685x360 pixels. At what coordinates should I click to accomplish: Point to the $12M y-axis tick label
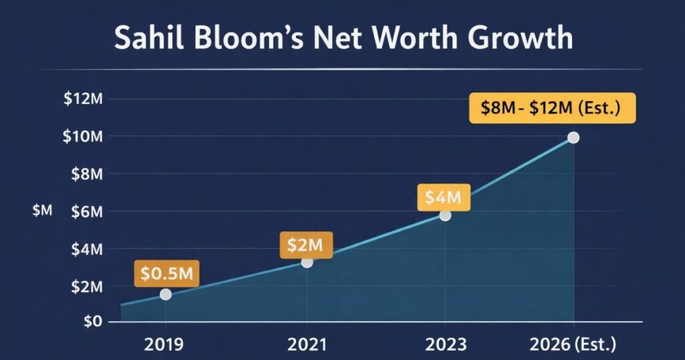coord(83,99)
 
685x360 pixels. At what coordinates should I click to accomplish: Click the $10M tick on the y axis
coord(83,137)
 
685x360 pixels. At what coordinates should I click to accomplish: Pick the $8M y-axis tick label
coord(87,174)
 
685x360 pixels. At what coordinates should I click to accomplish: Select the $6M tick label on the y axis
coord(87,211)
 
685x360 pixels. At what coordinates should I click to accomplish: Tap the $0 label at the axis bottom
coord(92,321)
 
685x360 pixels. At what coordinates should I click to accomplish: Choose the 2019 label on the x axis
coord(165,345)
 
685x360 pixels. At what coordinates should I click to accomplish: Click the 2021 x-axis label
coord(306,345)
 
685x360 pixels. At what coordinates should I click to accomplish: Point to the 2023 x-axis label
coord(446,345)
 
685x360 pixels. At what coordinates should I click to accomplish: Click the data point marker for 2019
coord(165,294)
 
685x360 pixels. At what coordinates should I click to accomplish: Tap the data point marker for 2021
coord(306,262)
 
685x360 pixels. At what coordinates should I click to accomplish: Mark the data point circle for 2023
coord(446,215)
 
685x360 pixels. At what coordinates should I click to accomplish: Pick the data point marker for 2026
coord(573,137)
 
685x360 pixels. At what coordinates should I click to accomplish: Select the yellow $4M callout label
coord(444,197)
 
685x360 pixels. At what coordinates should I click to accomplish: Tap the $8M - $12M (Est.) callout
coord(553,107)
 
